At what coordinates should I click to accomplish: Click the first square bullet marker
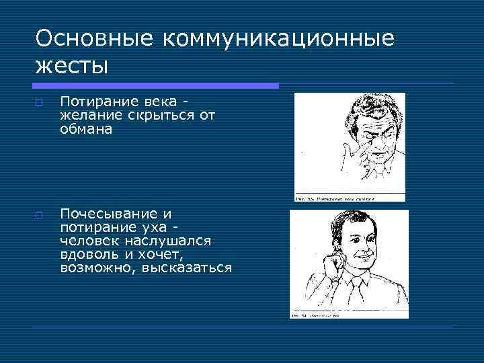point(40,102)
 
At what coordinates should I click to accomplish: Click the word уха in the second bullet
point(157,227)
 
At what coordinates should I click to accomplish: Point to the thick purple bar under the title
point(155,86)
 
